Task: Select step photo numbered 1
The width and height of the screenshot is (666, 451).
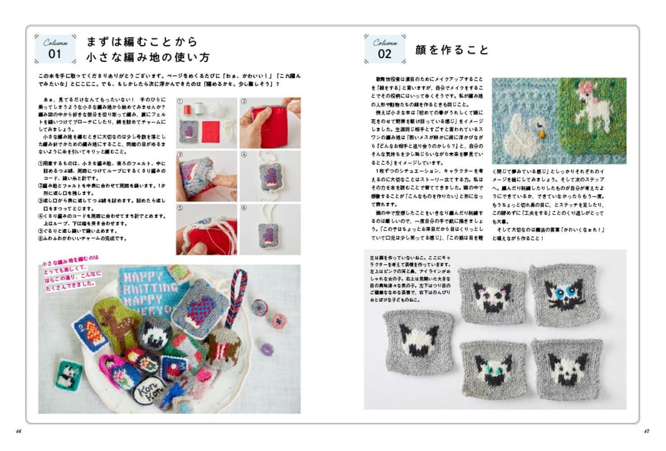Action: pos(206,123)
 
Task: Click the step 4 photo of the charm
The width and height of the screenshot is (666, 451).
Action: pos(270,176)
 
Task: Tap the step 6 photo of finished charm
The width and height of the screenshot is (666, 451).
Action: pos(270,228)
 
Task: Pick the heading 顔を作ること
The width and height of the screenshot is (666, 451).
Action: pos(451,49)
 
